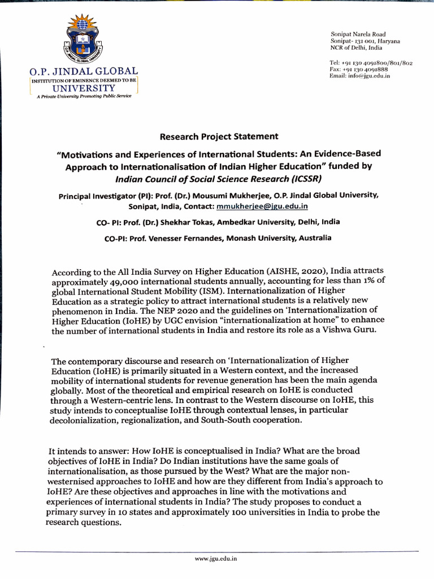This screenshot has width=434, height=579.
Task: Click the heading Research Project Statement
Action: click(219, 136)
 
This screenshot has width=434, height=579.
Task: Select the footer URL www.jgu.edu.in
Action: click(215, 559)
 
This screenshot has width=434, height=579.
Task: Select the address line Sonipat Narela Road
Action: click(358, 34)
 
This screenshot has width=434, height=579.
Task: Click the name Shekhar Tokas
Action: click(196, 222)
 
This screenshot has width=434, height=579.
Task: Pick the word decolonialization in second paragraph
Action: click(85, 421)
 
